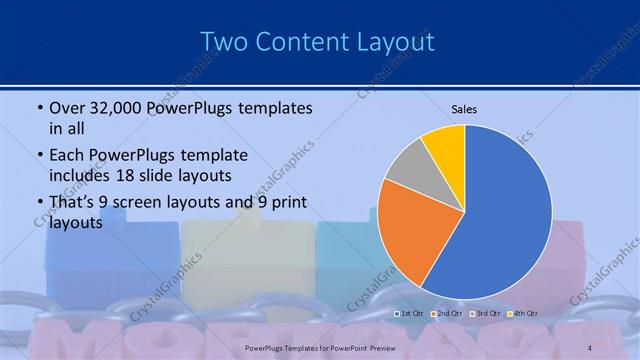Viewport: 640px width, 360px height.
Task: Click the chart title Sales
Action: pyautogui.click(x=464, y=108)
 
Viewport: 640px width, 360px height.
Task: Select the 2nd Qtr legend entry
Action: pyautogui.click(x=445, y=313)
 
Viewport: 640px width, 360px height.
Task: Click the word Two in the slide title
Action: pyautogui.click(x=223, y=41)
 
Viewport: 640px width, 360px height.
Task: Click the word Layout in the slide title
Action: pyautogui.click(x=393, y=41)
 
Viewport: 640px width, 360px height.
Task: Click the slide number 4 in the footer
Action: pyautogui.click(x=589, y=347)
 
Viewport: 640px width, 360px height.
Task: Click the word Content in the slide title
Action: pyautogui.click(x=300, y=41)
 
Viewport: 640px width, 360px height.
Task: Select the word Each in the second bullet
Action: pyautogui.click(x=68, y=156)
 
